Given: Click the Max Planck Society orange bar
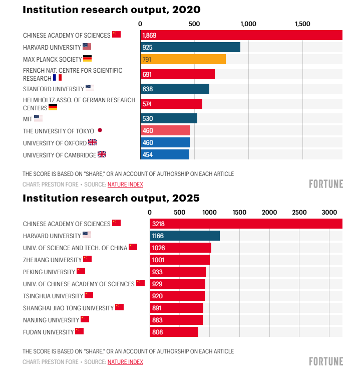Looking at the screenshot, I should tap(183, 59).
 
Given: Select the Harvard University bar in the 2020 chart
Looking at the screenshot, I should tap(190, 47).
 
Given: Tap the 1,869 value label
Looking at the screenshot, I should tap(149, 35).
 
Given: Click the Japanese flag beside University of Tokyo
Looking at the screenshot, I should tap(100, 130).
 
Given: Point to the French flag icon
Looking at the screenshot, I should tap(57, 78).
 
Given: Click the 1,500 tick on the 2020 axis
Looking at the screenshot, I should tap(302, 24).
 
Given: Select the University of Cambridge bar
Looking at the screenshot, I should tap(165, 154).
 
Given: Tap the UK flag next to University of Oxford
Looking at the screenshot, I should tap(92, 142).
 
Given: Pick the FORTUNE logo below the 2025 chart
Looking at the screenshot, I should tap(326, 361).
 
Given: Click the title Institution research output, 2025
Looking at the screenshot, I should tap(111, 198).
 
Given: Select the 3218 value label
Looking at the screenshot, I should tap(158, 224).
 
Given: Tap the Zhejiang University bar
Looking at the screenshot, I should tap(180, 260).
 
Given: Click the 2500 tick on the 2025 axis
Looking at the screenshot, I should tap(299, 212).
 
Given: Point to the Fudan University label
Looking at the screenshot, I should tap(48, 332).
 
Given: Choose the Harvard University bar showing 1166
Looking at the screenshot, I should tap(185, 236).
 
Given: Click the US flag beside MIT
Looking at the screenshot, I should tap(38, 118).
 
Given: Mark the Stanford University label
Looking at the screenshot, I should tap(53, 89).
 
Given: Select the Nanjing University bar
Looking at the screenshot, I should tap(176, 320).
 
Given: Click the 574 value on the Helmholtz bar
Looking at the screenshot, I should tap(147, 104).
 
